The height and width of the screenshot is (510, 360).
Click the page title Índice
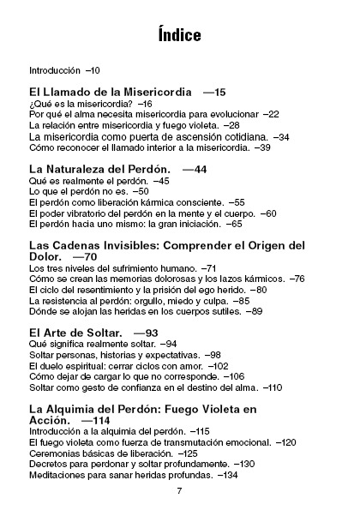pos(179,35)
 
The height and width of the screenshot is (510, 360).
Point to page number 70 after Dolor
pos(88,257)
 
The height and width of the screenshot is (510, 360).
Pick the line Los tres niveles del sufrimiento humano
pos(111,269)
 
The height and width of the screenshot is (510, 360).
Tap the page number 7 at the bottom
pos(179,490)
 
